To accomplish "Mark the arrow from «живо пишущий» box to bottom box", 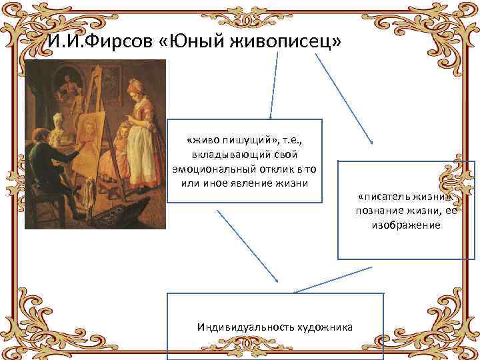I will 249,246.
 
